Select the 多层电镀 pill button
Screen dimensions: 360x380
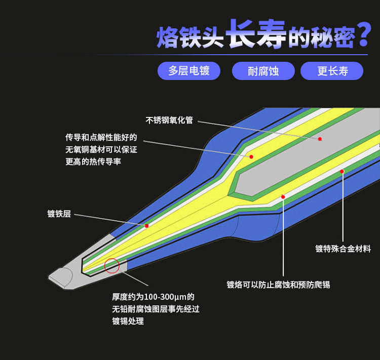tap(188, 71)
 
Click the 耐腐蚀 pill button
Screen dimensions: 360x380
tap(263, 71)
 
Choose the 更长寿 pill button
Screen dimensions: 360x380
tap(332, 71)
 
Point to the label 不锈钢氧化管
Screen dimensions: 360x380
tap(169, 121)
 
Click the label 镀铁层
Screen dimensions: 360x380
tap(59, 214)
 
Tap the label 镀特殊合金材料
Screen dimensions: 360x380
tap(343, 249)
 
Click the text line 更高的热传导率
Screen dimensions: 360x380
tap(93, 162)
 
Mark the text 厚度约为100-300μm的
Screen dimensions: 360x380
tap(153, 297)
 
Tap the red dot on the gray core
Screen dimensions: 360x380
tap(320, 138)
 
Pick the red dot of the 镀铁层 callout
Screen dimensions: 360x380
tap(146, 226)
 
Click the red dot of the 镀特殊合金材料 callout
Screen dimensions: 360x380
tap(342, 172)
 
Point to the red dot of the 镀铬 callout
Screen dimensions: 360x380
tap(283, 196)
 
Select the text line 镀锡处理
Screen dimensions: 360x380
tap(128, 321)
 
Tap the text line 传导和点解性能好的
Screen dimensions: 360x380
tap(101, 137)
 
